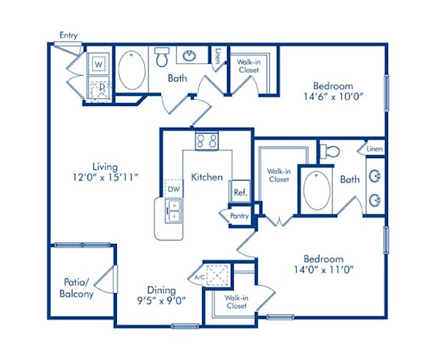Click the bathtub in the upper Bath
(132, 71)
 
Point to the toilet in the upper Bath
(162, 57)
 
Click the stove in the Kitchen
(206, 141)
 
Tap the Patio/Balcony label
(77, 289)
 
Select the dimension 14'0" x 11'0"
(323, 270)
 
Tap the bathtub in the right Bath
(318, 190)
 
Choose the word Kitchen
(207, 177)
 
